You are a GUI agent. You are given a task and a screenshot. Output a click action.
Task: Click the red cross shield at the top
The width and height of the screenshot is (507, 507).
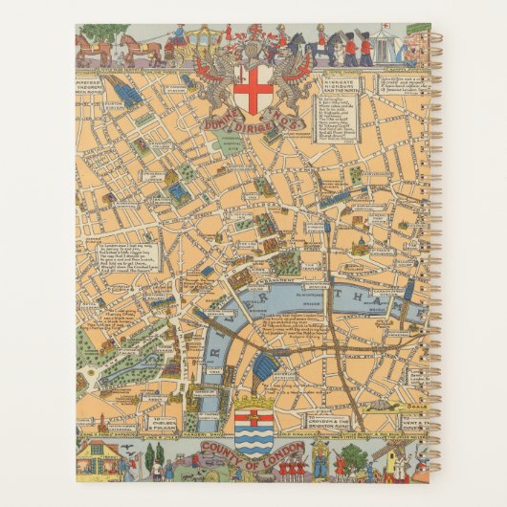pos(253,88)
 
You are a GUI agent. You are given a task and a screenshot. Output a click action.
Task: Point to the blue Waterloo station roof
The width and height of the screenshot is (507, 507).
pos(269,364)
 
